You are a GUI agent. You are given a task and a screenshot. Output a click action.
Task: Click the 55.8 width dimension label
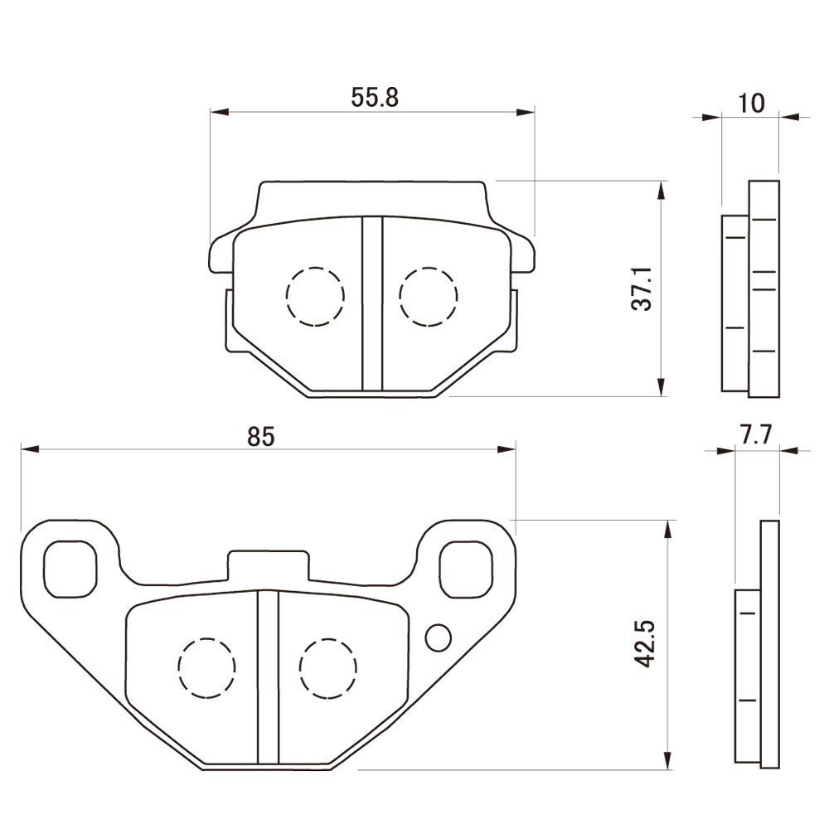(x=376, y=98)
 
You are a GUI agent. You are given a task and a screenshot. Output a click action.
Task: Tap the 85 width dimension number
(x=259, y=437)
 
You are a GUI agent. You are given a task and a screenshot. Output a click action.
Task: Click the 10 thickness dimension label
(x=750, y=103)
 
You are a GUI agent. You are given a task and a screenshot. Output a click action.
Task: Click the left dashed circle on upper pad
(x=314, y=296)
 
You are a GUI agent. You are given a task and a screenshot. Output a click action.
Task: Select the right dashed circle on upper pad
(x=428, y=296)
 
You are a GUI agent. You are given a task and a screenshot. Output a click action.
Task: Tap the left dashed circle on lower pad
(x=206, y=667)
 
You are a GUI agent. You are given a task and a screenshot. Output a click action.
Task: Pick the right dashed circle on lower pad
(x=328, y=667)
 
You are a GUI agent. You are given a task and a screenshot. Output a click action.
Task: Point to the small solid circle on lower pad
(x=437, y=638)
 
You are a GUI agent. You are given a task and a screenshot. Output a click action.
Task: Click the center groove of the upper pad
(x=371, y=303)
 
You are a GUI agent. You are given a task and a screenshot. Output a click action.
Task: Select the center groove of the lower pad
(x=267, y=676)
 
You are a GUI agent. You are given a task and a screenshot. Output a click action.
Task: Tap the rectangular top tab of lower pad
(x=267, y=565)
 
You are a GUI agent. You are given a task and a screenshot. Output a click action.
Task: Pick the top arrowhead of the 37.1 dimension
(x=661, y=190)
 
